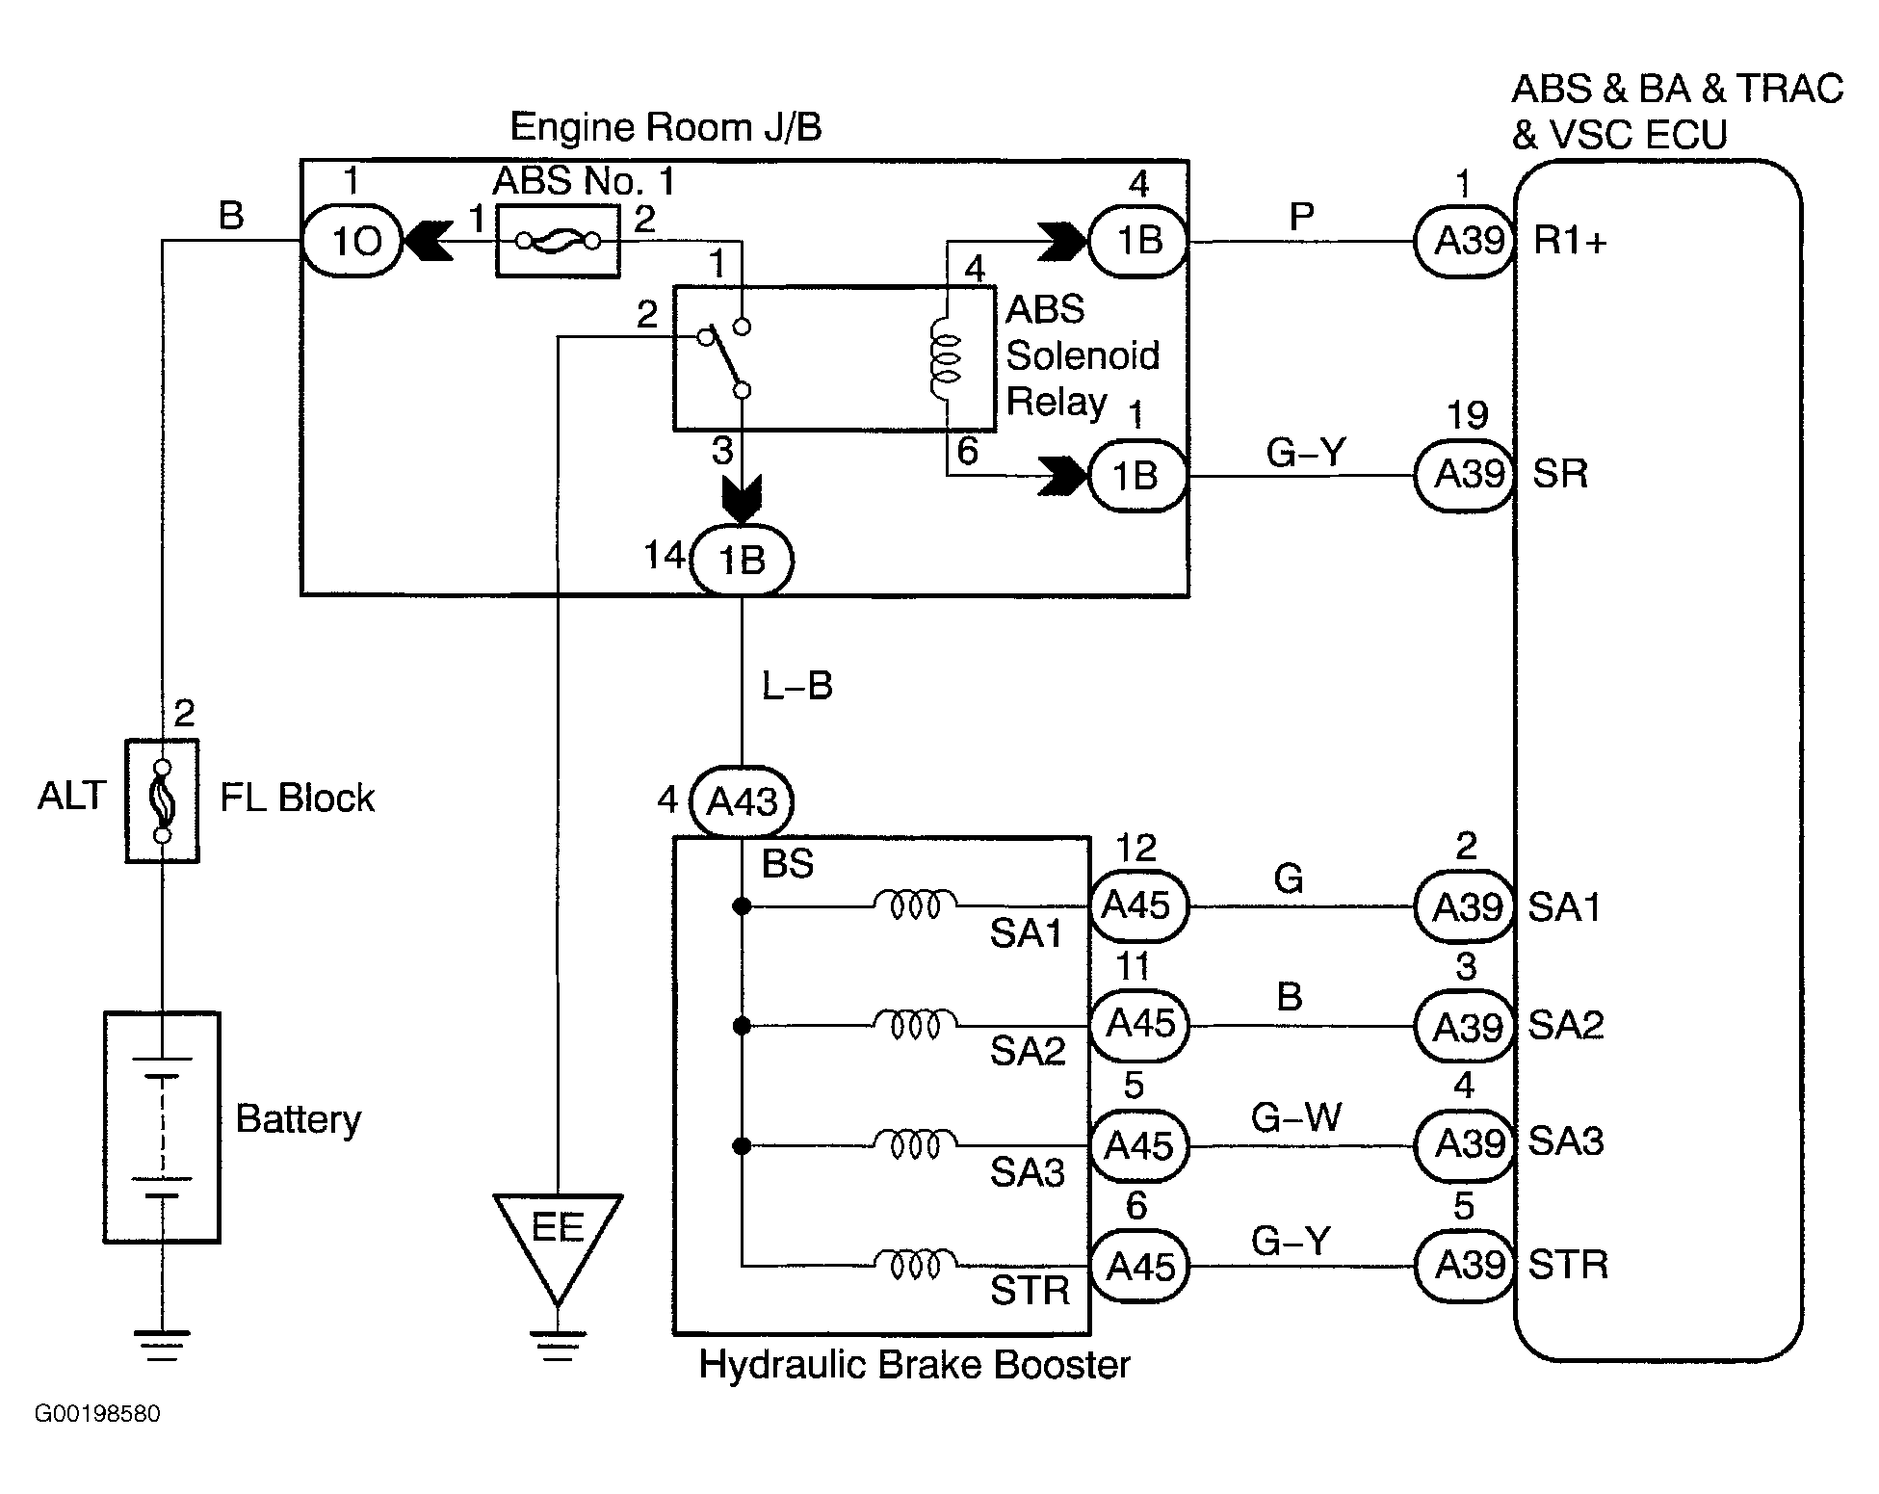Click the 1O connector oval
click(x=352, y=241)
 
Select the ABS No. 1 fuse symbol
click(x=558, y=241)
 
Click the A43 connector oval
click(x=742, y=800)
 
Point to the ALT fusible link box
click(x=162, y=800)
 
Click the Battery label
click(x=298, y=1119)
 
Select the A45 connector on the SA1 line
click(x=1137, y=905)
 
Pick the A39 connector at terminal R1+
click(x=1466, y=241)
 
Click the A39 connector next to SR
click(x=1466, y=475)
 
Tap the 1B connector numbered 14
click(x=742, y=560)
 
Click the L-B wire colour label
click(x=796, y=686)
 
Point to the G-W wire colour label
click(x=1295, y=1118)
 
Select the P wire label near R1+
click(x=1301, y=217)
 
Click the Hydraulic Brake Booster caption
click(x=914, y=1365)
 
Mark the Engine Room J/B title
click(x=665, y=127)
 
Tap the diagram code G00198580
click(x=97, y=1414)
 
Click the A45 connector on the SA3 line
click(x=1137, y=1145)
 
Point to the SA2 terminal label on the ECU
click(x=1566, y=1025)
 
